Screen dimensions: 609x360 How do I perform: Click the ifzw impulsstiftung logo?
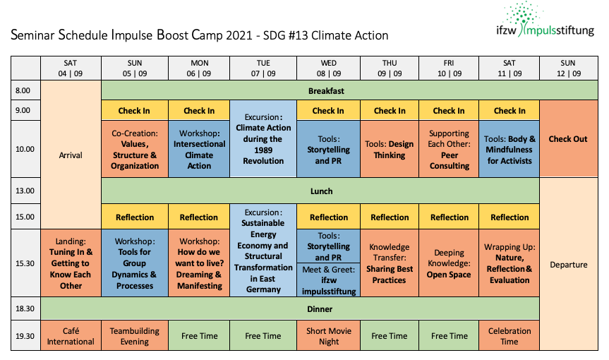(545, 20)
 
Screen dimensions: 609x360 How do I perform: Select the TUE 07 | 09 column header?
(263, 68)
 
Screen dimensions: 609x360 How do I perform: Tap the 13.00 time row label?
(25, 191)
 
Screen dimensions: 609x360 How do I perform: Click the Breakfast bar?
(349, 90)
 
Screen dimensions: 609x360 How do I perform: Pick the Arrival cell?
(71, 155)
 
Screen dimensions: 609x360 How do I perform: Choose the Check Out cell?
(568, 138)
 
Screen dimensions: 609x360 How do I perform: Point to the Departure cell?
(568, 264)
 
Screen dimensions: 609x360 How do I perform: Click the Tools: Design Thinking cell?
(390, 149)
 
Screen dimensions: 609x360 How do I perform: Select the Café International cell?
(71, 335)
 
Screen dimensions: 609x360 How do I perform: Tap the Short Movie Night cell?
(329, 335)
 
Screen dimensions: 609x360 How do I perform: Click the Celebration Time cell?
(509, 335)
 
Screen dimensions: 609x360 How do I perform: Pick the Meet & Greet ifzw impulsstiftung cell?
(329, 280)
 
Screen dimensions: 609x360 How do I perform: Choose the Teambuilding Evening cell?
(135, 335)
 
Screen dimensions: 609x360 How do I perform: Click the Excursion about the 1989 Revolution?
(263, 138)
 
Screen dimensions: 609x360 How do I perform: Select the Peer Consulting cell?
(449, 149)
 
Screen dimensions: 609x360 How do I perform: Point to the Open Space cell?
(449, 263)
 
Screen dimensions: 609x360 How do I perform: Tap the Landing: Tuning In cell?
(71, 263)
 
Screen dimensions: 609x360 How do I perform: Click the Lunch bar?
(320, 191)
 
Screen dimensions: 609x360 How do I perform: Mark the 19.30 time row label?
(25, 335)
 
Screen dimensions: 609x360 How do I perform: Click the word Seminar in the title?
(32, 35)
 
